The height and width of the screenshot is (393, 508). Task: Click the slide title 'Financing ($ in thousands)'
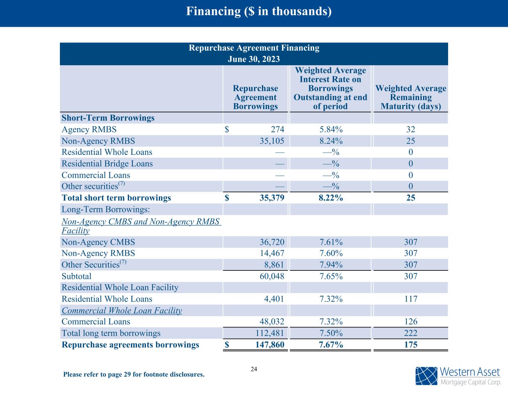pos(259,12)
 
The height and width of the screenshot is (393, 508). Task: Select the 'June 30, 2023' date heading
pos(254,59)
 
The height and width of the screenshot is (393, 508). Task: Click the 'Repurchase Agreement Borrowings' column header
pos(255,97)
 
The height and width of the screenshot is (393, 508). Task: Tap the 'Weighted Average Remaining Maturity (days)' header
pos(410,97)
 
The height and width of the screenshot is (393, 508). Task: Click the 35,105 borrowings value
pos(272,141)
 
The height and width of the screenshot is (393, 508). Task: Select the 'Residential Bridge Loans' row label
pos(107,164)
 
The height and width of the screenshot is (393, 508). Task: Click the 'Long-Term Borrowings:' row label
pos(106,209)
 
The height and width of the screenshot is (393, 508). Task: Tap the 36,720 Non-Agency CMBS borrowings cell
pos(272,242)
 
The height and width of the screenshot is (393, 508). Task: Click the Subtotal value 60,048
pos(272,276)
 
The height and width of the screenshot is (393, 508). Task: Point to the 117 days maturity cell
pos(410,299)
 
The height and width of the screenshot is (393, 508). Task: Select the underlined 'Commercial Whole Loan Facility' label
pos(122,311)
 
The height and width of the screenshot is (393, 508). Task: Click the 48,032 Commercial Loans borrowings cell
pos(272,322)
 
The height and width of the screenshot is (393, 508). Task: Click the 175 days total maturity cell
pos(410,345)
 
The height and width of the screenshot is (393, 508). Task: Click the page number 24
pos(254,369)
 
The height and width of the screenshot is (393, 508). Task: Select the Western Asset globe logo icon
pos(426,376)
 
